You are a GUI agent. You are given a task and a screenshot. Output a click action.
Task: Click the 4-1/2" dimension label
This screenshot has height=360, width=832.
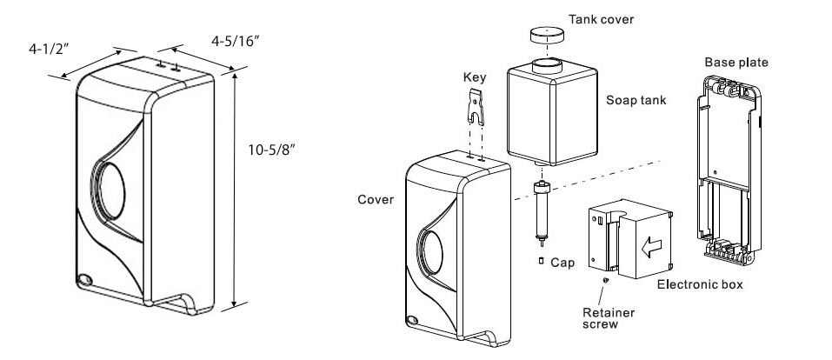point(44,50)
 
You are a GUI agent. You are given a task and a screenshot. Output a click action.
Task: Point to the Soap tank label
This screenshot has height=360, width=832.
point(636,100)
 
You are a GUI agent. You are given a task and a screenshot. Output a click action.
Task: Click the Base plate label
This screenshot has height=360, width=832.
point(735,62)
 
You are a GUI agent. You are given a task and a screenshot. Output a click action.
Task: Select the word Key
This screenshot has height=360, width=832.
point(475,77)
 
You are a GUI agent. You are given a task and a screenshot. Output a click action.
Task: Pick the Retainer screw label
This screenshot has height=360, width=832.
point(608,315)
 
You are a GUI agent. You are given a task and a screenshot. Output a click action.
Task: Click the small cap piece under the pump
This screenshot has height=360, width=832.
point(540,259)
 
